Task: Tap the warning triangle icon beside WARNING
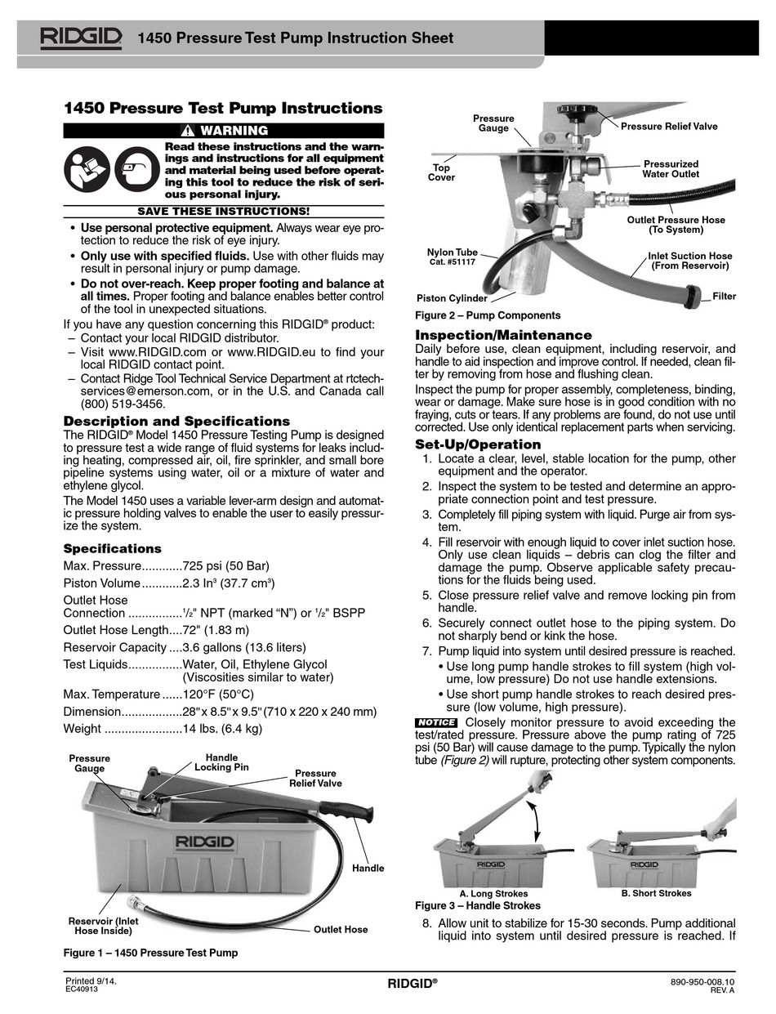tap(188, 131)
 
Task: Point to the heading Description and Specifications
tap(176, 421)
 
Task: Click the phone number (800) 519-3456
tap(123, 404)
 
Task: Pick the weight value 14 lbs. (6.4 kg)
tap(222, 728)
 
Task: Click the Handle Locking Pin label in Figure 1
tap(221, 762)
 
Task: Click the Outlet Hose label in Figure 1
tap(341, 929)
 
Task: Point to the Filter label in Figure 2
tap(724, 296)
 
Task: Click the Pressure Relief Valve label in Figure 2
tap(669, 127)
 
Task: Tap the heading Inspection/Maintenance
tap(504, 335)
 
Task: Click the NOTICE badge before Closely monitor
tap(435, 722)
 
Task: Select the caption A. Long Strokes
tap(494, 894)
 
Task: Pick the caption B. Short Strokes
tap(656, 893)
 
